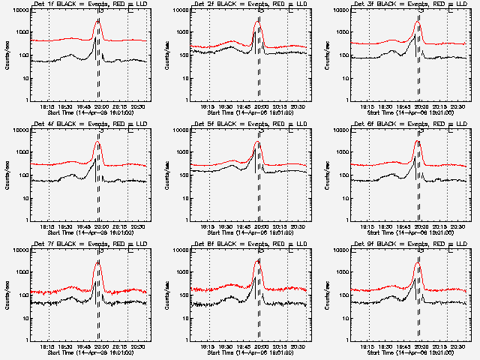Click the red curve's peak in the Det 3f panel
(x=418, y=22)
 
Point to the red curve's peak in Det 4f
(x=97, y=142)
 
